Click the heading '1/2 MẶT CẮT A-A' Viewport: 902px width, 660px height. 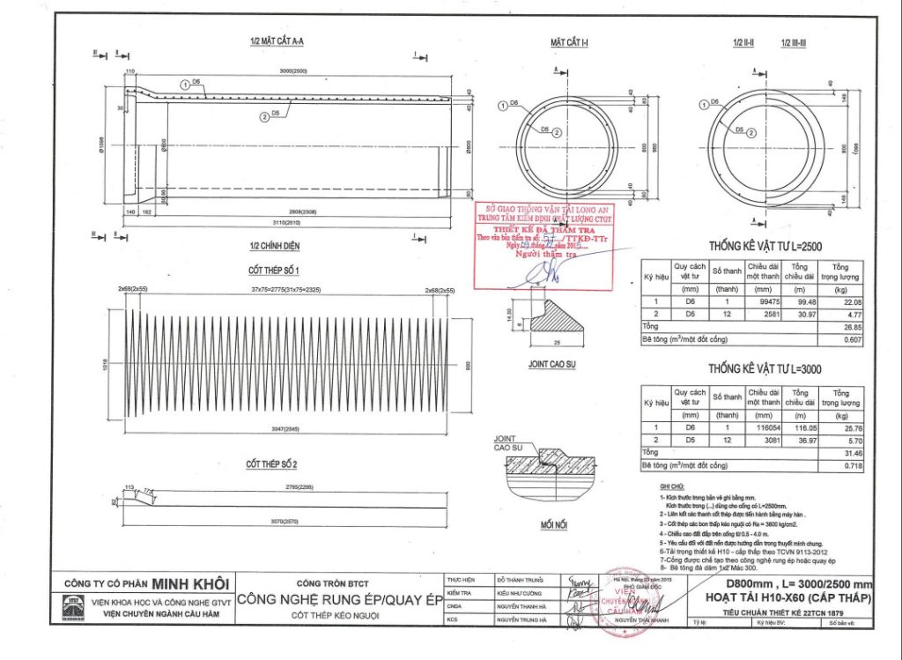tap(278, 41)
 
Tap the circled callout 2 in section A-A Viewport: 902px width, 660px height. tap(263, 115)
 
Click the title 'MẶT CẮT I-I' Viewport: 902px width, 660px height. tap(569, 41)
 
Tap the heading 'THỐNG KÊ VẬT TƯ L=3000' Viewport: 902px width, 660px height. tap(764, 369)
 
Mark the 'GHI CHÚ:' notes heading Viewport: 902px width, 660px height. tap(670, 486)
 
